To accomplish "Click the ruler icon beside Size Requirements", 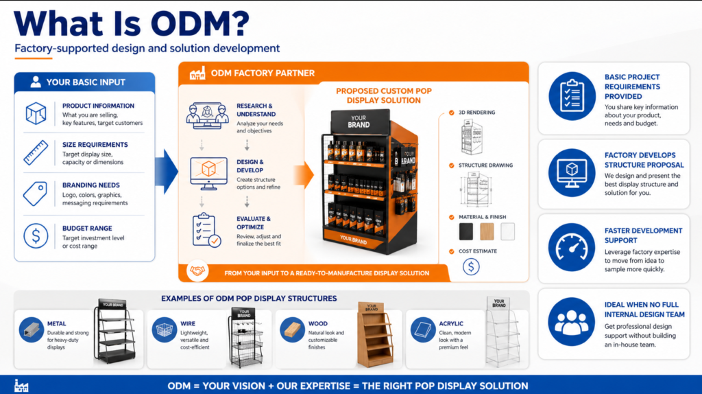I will point(36,152).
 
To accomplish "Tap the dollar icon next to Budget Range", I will point(36,236).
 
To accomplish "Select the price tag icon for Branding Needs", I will point(36,194).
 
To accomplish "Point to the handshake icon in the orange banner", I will point(199,272).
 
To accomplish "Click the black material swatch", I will point(466,231).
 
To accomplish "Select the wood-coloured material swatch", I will point(487,231).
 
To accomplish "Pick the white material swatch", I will point(507,231).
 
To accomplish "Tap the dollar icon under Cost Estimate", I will point(471,266).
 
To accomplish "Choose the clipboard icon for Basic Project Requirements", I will point(572,97).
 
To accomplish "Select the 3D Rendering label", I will point(476,113).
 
